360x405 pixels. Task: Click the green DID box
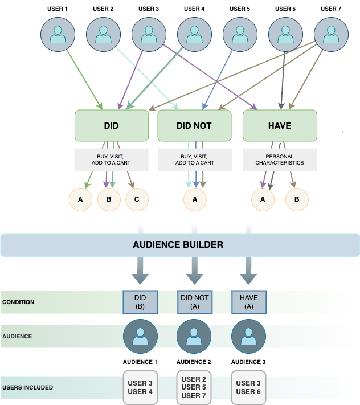coord(112,125)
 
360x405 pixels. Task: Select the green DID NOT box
coord(194,125)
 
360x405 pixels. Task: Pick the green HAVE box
coord(280,125)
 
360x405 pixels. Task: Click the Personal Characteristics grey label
coord(280,159)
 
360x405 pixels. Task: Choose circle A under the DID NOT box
coord(195,200)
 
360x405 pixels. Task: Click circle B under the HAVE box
coord(296,200)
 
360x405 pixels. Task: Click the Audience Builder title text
coord(178,245)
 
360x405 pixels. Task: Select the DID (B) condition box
coord(140,302)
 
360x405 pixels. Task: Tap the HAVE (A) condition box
coord(248,302)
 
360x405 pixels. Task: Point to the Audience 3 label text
coord(248,362)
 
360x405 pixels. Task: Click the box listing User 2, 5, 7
coord(194,387)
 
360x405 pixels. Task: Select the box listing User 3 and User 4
coord(140,387)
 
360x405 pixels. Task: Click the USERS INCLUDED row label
coord(27,388)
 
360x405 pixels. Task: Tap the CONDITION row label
coord(18,302)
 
